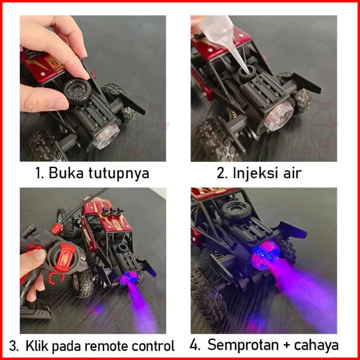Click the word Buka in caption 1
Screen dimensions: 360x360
pyautogui.click(x=66, y=173)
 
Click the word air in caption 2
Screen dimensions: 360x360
pyautogui.click(x=292, y=173)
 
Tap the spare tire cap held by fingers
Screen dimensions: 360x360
pyautogui.click(x=77, y=91)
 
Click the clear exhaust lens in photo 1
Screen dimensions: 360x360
pyautogui.click(x=107, y=136)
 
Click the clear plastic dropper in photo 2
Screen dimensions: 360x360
pyautogui.click(x=220, y=36)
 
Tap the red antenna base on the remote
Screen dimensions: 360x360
pyautogui.click(x=56, y=229)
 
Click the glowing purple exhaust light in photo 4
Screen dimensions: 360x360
pyautogui.click(x=265, y=255)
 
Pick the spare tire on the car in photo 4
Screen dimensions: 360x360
pyautogui.click(x=237, y=211)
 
